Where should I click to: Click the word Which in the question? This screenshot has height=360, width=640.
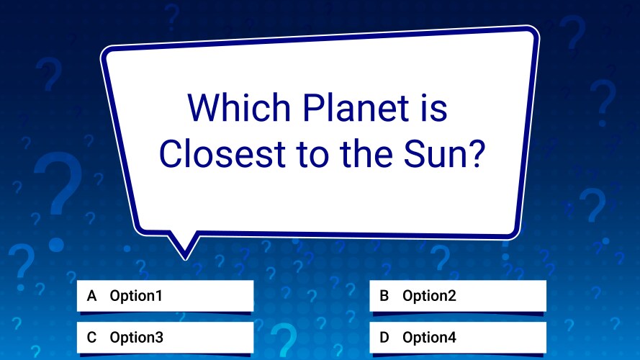(x=239, y=107)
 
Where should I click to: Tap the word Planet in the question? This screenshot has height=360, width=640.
(x=356, y=107)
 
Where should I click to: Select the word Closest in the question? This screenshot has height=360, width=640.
(x=222, y=154)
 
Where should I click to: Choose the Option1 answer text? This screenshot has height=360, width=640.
(x=136, y=296)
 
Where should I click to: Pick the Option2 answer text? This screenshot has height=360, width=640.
(x=429, y=296)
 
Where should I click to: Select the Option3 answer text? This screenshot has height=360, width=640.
(x=136, y=338)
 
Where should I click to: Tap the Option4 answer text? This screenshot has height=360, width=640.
(x=429, y=338)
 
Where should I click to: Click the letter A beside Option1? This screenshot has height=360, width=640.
(x=92, y=296)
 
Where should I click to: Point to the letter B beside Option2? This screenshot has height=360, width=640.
(x=384, y=296)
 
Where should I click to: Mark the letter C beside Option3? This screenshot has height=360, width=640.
(x=92, y=338)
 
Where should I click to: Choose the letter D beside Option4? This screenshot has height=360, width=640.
(x=384, y=338)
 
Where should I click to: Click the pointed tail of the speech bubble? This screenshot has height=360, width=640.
(x=185, y=258)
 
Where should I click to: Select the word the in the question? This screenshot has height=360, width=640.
(x=366, y=154)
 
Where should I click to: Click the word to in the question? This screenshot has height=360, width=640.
(x=312, y=154)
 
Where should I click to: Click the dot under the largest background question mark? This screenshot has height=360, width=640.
(x=56, y=245)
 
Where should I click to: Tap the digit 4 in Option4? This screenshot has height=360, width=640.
(x=451, y=338)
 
